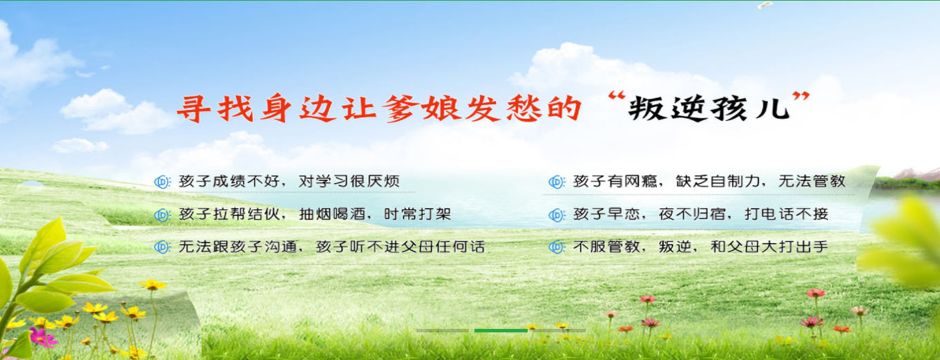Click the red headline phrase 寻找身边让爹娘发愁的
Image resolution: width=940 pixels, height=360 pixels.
379,108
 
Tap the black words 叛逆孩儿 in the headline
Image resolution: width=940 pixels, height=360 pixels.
709,108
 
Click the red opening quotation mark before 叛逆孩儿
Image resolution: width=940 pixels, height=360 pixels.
617,98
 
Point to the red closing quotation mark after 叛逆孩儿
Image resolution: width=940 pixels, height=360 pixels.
801,98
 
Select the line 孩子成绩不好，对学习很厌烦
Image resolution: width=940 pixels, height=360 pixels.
289,182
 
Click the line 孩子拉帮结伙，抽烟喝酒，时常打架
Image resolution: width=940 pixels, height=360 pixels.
315,214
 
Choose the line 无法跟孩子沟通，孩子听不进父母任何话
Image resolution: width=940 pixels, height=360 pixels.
332,247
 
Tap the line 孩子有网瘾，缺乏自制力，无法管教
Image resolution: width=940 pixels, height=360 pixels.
709,182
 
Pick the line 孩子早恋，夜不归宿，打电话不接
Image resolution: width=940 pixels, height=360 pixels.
701,214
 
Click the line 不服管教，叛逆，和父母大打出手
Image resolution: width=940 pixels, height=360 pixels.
701,247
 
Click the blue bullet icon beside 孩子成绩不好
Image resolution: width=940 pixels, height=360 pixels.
162,182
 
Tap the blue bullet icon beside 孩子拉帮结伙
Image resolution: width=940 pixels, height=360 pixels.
162,215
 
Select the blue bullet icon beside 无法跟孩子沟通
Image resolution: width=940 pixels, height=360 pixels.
162,247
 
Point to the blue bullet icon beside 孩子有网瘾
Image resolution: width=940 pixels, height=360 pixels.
557,182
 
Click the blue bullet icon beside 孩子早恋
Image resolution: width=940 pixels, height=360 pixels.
557,215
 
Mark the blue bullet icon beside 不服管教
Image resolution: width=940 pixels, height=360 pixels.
557,247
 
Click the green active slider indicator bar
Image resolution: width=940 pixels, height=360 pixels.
501,330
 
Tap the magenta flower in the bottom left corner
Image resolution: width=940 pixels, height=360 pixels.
42,338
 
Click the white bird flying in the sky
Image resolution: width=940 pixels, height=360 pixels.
765,5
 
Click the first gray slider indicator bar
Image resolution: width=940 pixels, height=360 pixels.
443,330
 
